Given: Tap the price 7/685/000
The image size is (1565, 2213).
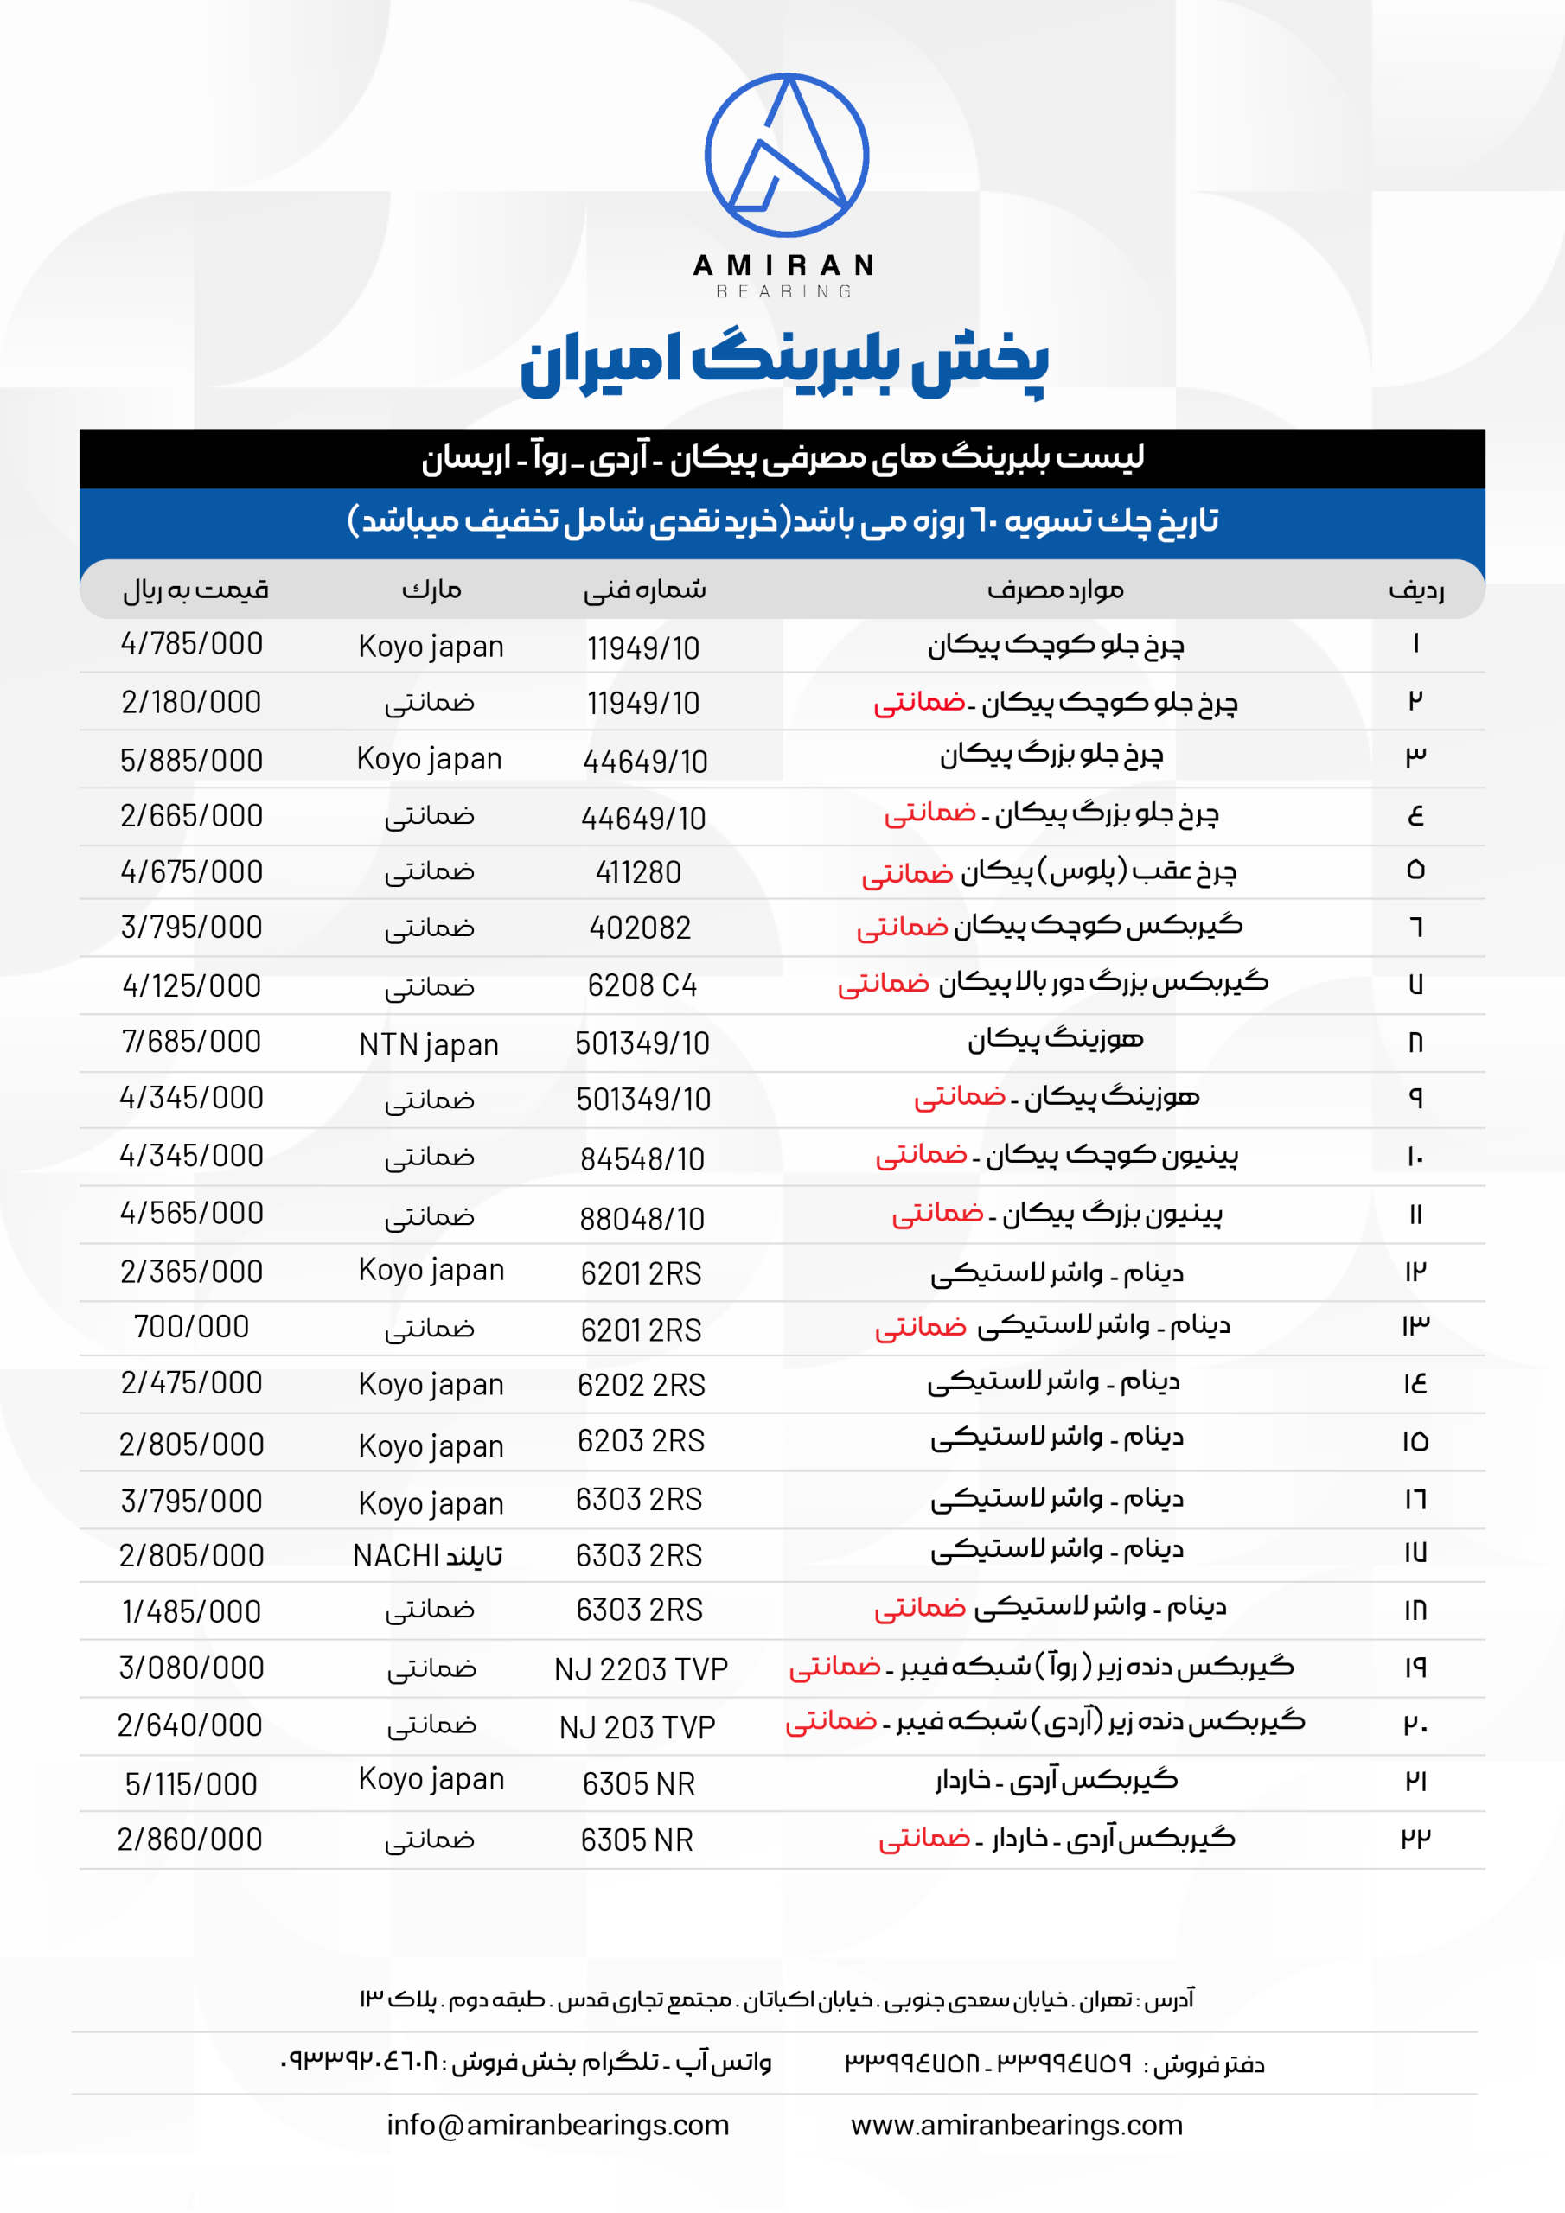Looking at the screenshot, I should [191, 1042].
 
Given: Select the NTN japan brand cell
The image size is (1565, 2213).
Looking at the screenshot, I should [429, 1045].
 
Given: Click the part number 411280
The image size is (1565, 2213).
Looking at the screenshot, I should [638, 872].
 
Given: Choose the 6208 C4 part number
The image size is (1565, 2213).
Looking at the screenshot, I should [642, 986].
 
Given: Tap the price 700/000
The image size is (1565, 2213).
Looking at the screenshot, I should [191, 1327].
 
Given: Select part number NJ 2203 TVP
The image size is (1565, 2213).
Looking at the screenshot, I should [641, 1669].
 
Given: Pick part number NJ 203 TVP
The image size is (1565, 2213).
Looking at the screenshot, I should [637, 1727].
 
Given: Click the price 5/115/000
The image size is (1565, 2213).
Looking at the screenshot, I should [191, 1784].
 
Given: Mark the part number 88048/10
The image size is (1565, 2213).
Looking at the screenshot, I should [642, 1219].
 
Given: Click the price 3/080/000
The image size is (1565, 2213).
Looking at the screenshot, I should [191, 1668].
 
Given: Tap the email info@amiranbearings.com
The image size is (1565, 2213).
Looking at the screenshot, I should [558, 2126].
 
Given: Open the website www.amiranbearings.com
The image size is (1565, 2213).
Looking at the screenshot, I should [1016, 2126].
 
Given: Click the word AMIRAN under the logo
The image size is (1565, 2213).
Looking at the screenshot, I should [784, 265].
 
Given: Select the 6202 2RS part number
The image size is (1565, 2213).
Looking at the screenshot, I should [642, 1385].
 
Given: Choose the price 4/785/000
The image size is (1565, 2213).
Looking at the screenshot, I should [191, 644].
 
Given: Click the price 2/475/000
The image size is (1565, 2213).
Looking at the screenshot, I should [191, 1383].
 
